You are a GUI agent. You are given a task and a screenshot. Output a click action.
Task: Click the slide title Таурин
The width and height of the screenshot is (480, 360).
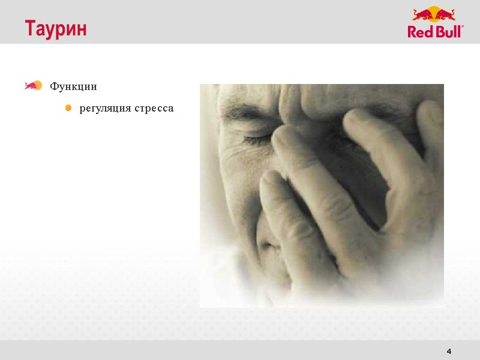[x=56, y=29]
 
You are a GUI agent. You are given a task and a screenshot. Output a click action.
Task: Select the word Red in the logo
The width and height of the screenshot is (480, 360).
[x=421, y=32]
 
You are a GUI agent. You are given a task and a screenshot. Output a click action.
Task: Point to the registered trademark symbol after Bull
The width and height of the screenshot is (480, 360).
[x=463, y=27]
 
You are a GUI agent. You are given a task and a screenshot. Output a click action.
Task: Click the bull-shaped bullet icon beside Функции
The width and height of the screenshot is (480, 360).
[x=32, y=86]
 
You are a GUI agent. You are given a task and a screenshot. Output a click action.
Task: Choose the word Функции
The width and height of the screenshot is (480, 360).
[x=73, y=86]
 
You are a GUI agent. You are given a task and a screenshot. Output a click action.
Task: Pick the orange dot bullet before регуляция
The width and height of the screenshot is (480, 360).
[x=68, y=109]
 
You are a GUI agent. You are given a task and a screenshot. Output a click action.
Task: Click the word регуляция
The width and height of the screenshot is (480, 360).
[x=104, y=109]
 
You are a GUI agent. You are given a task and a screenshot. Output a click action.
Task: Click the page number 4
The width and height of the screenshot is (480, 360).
[x=449, y=351]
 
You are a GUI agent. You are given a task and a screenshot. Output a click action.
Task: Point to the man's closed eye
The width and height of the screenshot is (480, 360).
[x=256, y=139]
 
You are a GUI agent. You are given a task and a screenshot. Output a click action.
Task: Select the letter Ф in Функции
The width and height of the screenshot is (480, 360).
[x=54, y=86]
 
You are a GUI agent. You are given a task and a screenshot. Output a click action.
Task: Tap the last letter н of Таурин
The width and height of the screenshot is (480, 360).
[x=82, y=29]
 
